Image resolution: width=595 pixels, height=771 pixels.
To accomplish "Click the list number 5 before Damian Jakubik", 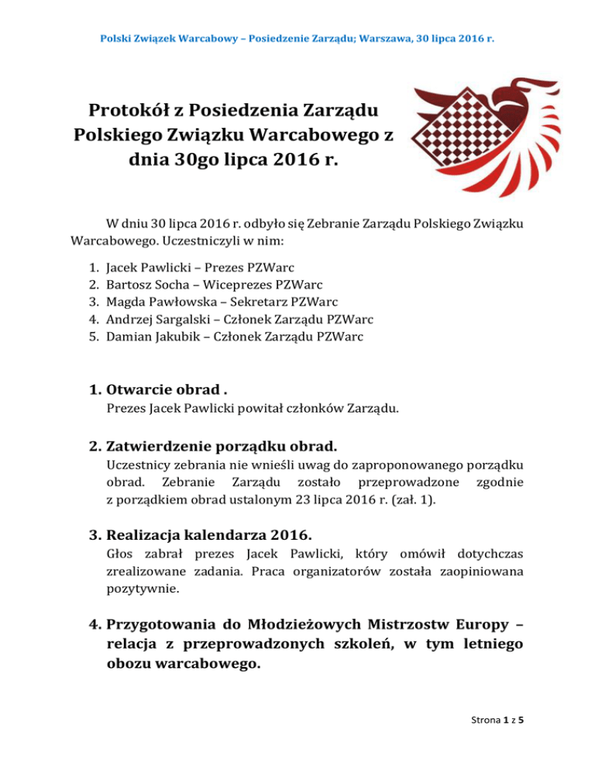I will coord(95,337).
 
